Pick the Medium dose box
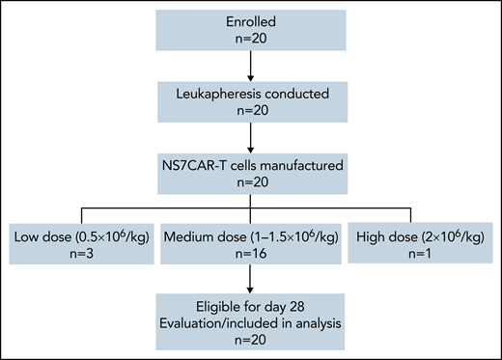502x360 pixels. pos(251,245)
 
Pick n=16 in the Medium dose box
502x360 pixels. pos(251,256)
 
